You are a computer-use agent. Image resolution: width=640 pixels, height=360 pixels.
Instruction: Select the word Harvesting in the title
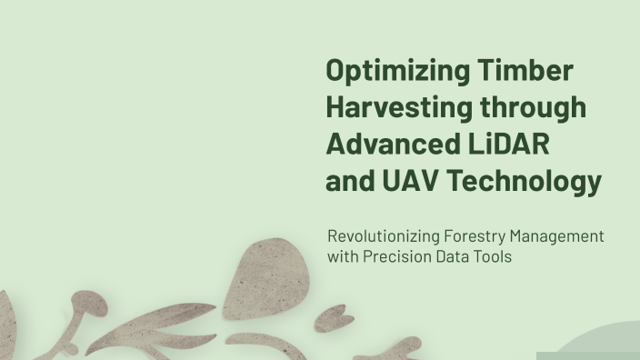[399, 108]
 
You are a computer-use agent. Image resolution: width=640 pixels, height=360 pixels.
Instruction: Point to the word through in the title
[534, 108]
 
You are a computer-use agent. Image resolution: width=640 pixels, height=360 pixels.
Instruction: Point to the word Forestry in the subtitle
[476, 236]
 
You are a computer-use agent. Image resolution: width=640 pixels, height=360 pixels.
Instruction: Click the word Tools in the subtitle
[494, 256]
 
